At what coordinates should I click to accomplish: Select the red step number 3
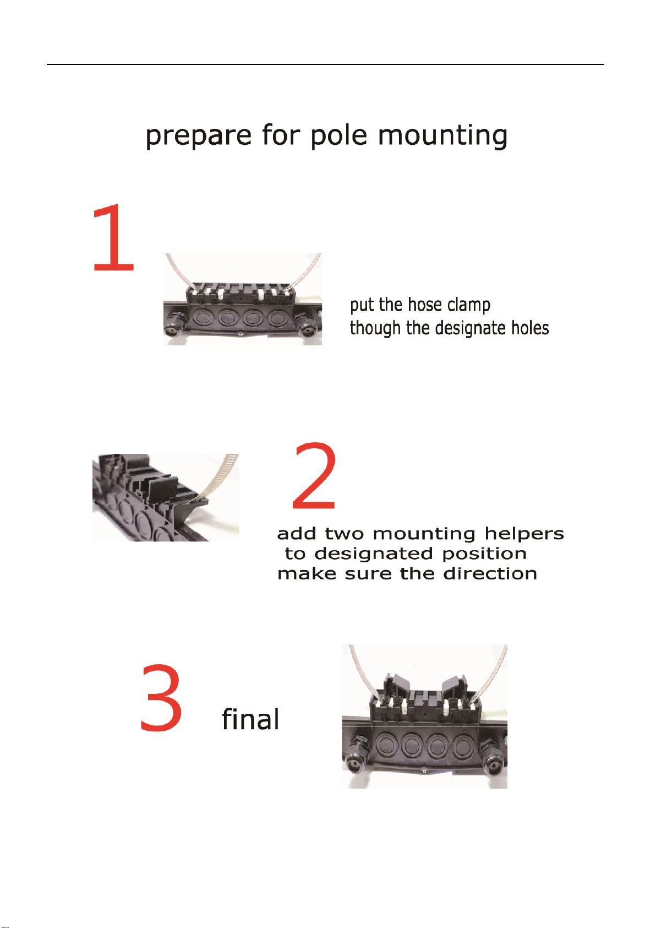tap(161, 698)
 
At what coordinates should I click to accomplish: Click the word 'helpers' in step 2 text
tap(524, 534)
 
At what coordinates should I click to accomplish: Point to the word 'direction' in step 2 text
tap(490, 574)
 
